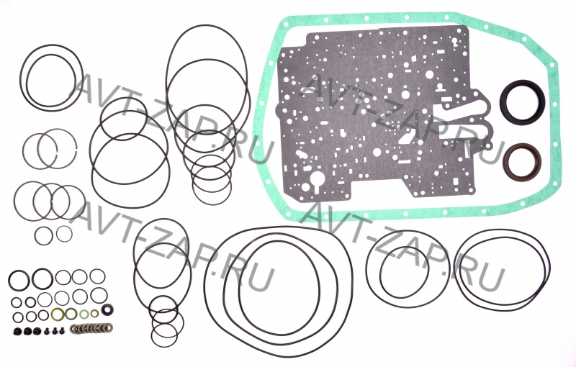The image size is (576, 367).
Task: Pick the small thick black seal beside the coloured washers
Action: tap(107, 309)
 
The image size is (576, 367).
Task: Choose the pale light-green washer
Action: tap(84, 314)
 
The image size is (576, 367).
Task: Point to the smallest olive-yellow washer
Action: tap(95, 313)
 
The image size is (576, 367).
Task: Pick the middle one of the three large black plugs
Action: tap(28, 331)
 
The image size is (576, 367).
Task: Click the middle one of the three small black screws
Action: tap(55, 331)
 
